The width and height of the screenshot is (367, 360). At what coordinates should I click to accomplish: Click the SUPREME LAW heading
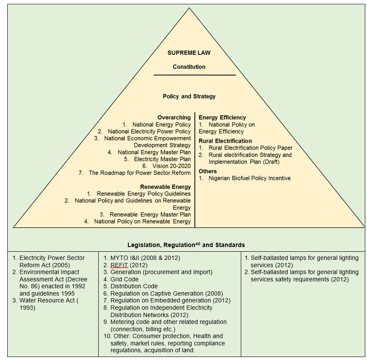[x=189, y=53]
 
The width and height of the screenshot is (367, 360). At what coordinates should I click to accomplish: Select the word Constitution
[x=189, y=67]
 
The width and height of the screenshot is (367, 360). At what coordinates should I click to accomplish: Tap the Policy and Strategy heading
[x=189, y=96]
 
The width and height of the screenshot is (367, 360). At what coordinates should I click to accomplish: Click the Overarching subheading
[x=174, y=117]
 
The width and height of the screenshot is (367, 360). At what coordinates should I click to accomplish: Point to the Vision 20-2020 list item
[x=171, y=166]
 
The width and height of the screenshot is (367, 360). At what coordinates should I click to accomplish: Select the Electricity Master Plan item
[x=162, y=159]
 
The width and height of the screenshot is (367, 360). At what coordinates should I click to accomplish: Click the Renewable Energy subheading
[x=165, y=187]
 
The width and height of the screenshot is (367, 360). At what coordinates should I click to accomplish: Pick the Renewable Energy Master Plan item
[x=150, y=214]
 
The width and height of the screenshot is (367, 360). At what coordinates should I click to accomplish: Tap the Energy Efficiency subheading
[x=222, y=117]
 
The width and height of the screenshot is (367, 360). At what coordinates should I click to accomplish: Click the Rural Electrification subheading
[x=225, y=141]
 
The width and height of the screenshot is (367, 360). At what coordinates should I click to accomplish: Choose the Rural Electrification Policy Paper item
[x=250, y=148]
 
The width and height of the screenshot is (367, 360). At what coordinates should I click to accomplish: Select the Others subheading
[x=207, y=171]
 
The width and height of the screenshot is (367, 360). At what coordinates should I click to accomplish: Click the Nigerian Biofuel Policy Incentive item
[x=249, y=178]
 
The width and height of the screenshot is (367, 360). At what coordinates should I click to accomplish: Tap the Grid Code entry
[x=124, y=279]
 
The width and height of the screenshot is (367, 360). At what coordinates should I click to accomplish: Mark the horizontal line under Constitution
[x=194, y=75]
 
